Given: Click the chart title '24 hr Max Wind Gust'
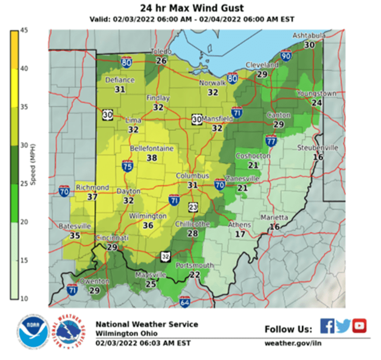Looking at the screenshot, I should tap(191, 8).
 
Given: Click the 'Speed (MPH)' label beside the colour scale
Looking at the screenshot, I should tap(32, 165).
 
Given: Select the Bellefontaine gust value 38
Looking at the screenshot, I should tap(152, 158).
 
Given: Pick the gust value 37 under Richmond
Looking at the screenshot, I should tap(92, 196).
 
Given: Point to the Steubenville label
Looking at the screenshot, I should tap(317, 148).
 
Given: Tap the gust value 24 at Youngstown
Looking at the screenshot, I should tap(317, 102).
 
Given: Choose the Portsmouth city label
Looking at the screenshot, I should tap(195, 265).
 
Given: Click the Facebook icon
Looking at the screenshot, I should tap(327, 326).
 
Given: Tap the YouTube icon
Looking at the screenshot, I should tap(360, 326).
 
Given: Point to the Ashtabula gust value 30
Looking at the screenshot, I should tap(309, 45).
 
